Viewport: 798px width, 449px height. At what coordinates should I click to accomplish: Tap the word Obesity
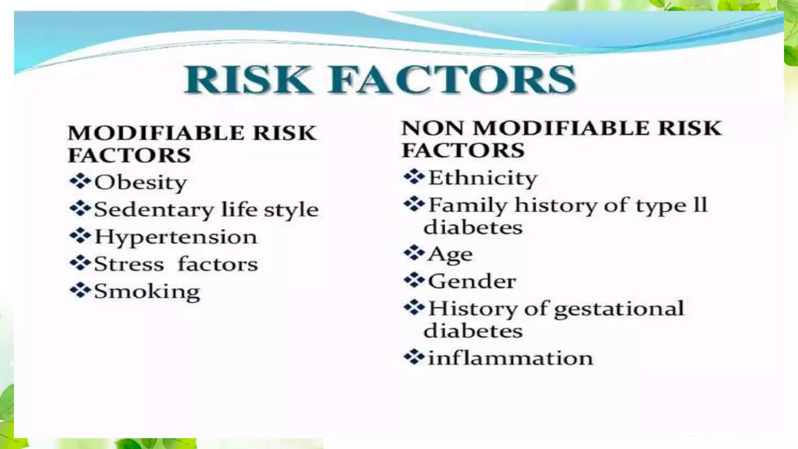click(x=140, y=182)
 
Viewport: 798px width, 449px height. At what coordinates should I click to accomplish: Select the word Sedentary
click(x=154, y=210)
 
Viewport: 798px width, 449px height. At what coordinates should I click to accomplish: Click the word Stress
click(x=129, y=264)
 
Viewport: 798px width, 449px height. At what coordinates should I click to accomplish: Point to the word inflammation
click(x=510, y=358)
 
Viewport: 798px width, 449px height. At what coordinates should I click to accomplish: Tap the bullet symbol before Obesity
click(x=80, y=181)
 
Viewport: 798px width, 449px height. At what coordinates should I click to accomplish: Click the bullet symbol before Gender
click(x=414, y=280)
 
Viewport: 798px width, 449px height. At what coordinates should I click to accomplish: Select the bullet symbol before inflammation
click(x=414, y=357)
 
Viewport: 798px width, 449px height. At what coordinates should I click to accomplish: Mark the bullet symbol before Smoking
click(x=80, y=290)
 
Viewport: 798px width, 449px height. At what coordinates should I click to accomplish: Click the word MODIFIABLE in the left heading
click(x=156, y=133)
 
